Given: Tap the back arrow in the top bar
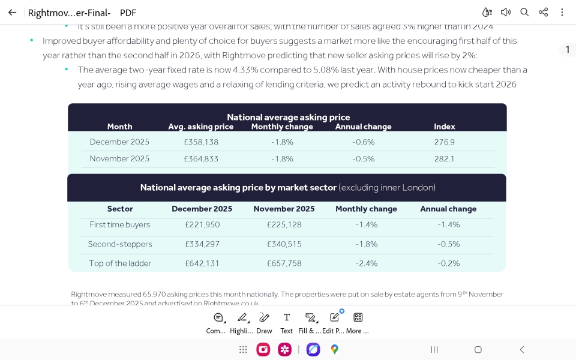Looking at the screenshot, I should point(12,13).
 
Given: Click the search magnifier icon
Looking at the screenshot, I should point(524,13).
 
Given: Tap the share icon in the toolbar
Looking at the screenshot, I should point(543,13).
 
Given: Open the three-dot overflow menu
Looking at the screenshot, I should point(562,13).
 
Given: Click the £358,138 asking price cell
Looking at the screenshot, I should point(201,142).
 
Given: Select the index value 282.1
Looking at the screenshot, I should point(444,159).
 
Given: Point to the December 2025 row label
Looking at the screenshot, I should point(119,142).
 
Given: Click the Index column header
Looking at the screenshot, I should point(444,127).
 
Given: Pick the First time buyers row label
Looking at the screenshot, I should point(120,225).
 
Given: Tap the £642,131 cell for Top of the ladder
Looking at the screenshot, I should point(202,263).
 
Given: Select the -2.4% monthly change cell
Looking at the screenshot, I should point(366,263).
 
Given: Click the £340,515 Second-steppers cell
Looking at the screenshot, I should point(284,244).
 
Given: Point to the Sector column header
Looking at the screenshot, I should point(120,209).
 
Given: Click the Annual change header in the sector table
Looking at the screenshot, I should point(448,209).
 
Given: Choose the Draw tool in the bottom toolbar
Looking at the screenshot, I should point(264,322).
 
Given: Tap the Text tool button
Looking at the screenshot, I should point(287,322).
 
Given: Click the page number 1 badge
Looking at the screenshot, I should point(568,50).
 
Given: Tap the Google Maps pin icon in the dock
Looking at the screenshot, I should point(334,350).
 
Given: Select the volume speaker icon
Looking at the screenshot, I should point(506,13).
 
